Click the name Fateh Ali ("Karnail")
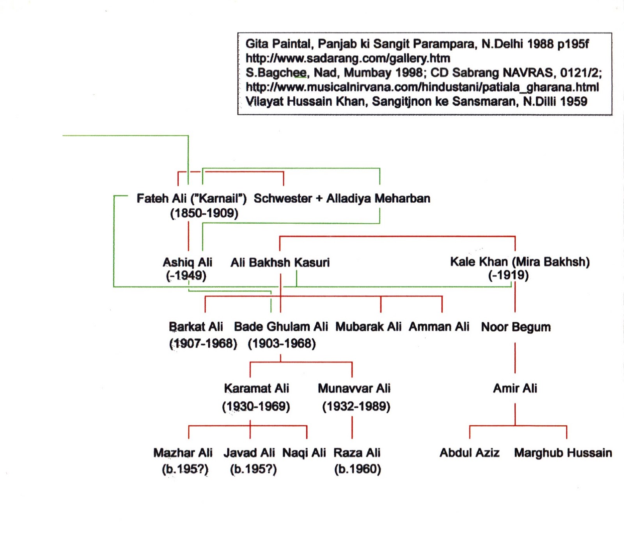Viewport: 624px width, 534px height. (x=191, y=198)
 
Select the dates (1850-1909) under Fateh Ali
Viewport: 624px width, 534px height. (x=204, y=213)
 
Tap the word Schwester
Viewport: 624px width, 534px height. (x=283, y=198)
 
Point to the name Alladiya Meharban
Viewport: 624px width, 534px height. (x=378, y=198)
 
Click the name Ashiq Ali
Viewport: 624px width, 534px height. (x=187, y=262)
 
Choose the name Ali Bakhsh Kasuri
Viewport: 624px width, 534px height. (x=280, y=262)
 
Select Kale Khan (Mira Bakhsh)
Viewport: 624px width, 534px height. (x=520, y=262)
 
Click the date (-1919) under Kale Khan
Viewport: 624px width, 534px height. (x=509, y=275)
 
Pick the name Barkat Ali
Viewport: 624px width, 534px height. (x=196, y=327)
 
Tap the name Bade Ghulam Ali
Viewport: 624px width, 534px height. (x=281, y=327)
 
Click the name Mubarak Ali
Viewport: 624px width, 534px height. (x=368, y=327)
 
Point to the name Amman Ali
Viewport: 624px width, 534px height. (x=439, y=327)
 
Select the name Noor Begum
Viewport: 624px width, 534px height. (x=516, y=327)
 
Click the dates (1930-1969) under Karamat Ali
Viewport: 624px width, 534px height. (x=256, y=407)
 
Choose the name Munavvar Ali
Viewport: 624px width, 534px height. (x=354, y=388)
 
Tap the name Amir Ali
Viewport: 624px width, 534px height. (x=515, y=388)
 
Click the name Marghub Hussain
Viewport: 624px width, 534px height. (x=563, y=453)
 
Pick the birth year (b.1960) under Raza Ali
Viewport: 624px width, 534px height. (x=357, y=469)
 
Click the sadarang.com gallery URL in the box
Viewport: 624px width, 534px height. (x=348, y=58)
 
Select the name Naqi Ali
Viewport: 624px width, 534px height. (x=304, y=453)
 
